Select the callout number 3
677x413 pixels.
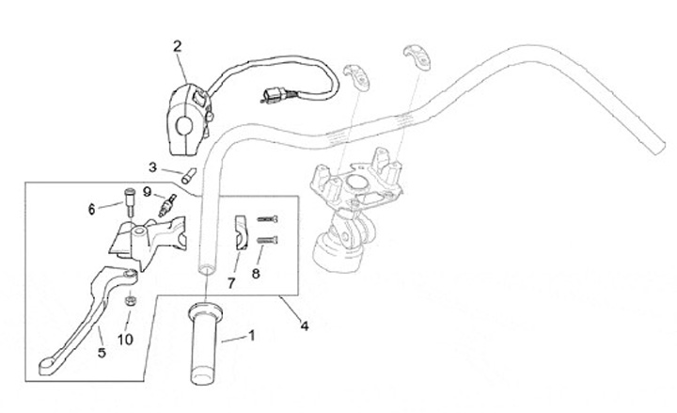tap(152, 167)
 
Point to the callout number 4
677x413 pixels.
tap(304, 326)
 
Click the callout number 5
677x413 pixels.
tap(102, 353)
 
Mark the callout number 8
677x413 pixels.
tap(255, 274)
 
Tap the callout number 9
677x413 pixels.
tap(148, 192)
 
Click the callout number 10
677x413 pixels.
tap(125, 339)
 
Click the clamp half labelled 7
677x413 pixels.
tap(241, 231)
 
